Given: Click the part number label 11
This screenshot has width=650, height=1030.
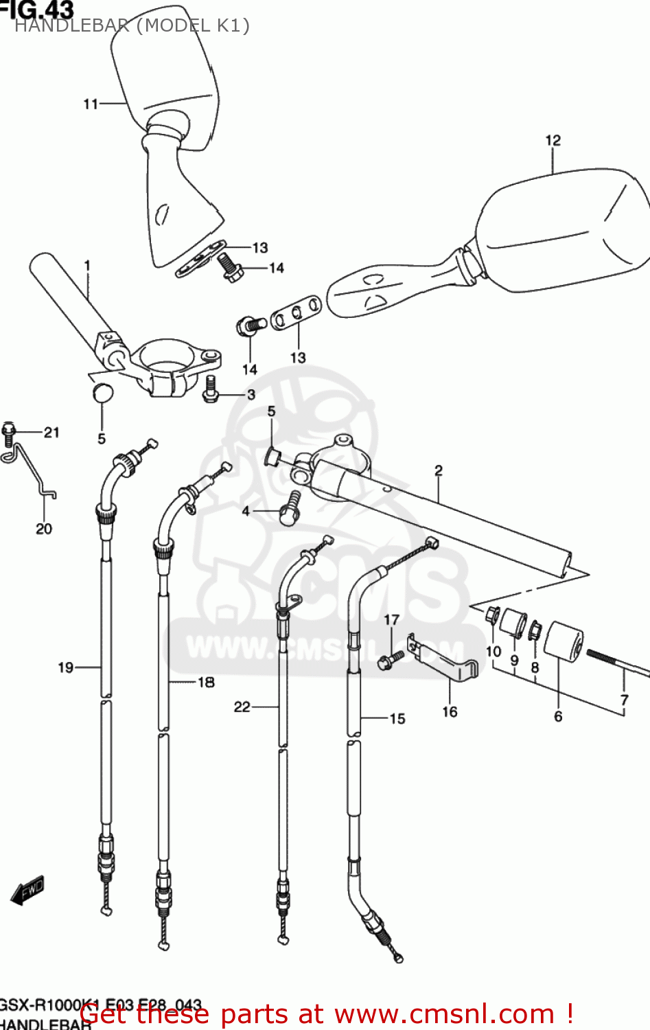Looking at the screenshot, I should coord(91,104).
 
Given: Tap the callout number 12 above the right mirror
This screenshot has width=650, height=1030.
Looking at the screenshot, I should coord(553,141).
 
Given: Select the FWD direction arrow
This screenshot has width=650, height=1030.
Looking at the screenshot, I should coord(28,891).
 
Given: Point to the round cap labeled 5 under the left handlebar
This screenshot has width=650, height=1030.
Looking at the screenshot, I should coord(102,393).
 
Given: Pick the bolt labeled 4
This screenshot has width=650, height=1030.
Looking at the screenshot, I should coord(290,509).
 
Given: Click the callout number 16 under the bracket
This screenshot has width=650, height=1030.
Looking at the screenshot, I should coord(450,711).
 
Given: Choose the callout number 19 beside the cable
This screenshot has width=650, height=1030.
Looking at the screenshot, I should coord(65,667).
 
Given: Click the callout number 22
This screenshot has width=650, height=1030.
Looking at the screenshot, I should coord(242,707).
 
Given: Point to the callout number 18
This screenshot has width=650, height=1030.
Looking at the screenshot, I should coord(206,682).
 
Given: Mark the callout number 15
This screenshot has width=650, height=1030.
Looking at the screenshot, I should coord(397,719).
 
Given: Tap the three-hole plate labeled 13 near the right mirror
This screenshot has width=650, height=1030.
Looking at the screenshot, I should coord(296,313).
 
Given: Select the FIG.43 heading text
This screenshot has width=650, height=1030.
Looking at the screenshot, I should coord(38,9).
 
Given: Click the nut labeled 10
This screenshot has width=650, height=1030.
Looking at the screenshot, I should coord(492,614).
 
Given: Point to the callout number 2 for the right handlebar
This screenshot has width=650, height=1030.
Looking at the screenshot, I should coord(438,470).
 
